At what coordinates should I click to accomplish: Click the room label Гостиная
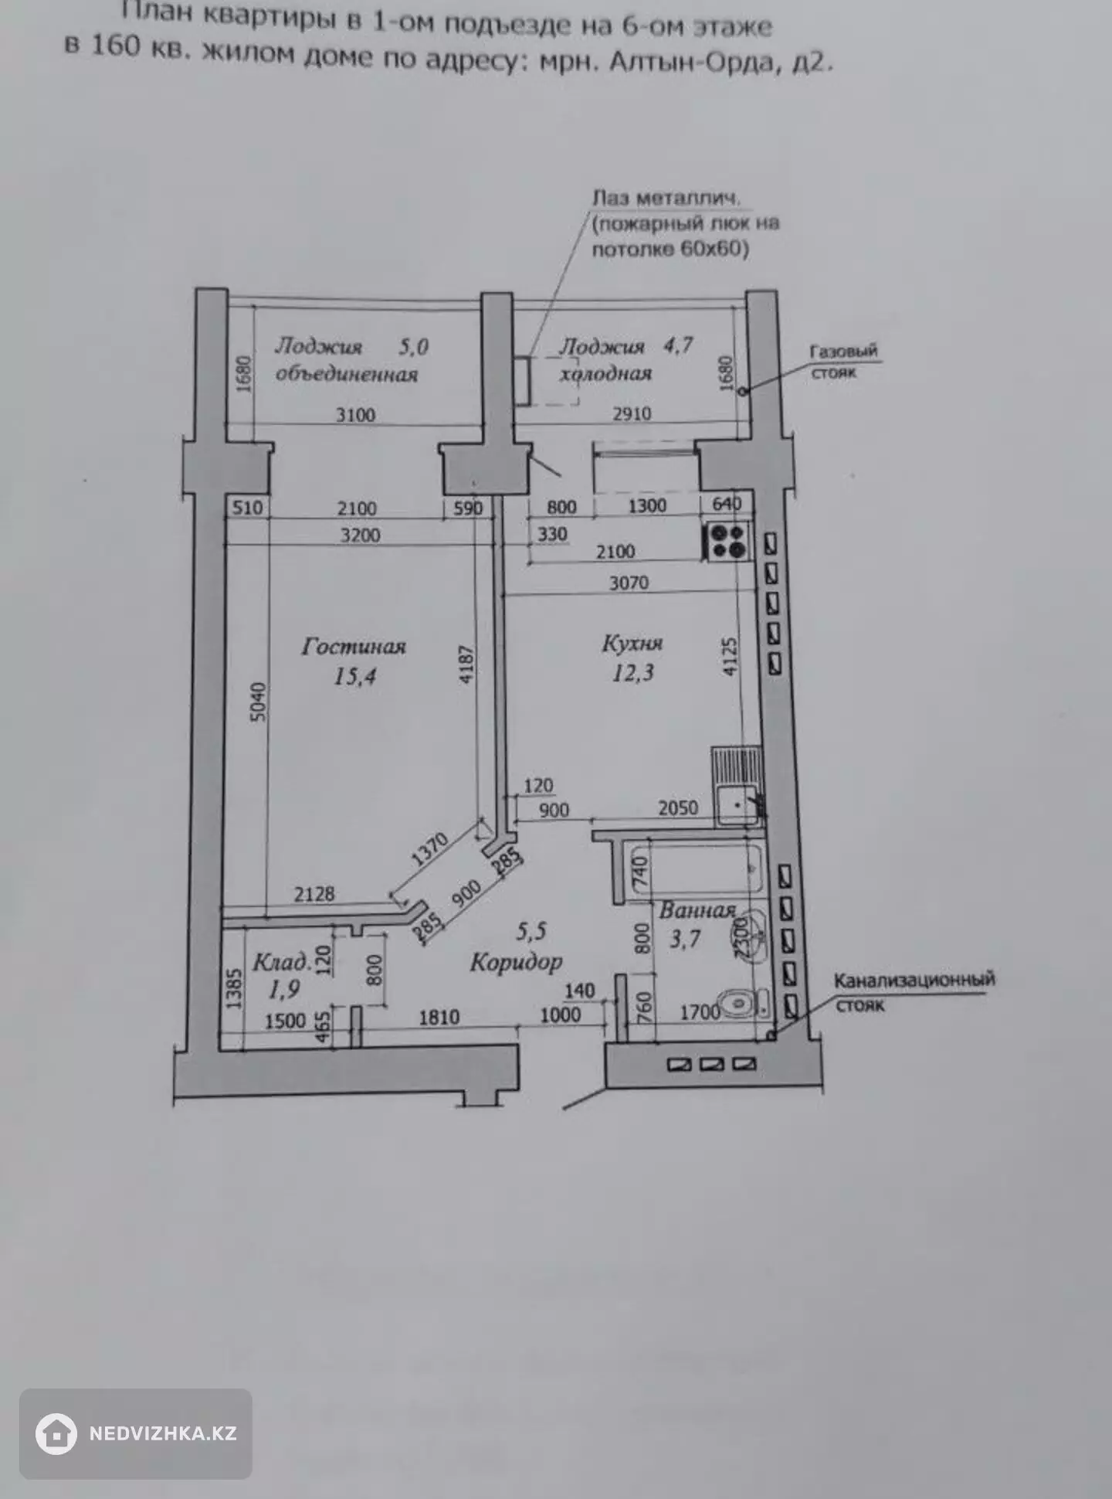(354, 646)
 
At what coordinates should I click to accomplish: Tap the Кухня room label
(632, 644)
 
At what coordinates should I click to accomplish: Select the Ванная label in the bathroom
(697, 910)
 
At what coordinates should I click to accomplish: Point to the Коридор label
(517, 963)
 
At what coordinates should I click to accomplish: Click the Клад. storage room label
(283, 963)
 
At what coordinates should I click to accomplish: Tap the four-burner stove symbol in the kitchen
(727, 540)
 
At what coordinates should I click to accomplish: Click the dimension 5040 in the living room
(259, 702)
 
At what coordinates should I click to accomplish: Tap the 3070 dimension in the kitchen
(629, 583)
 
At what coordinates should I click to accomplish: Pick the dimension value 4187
(466, 665)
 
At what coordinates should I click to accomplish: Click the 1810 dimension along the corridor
(439, 1017)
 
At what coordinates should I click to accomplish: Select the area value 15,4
(354, 677)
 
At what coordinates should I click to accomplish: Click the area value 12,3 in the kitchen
(632, 674)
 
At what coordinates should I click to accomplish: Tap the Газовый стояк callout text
(842, 361)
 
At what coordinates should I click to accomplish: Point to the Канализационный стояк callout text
(914, 992)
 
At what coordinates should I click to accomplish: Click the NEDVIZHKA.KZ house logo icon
(56, 1433)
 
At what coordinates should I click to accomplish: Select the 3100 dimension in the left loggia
(355, 415)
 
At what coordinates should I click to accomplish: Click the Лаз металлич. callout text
(666, 198)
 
